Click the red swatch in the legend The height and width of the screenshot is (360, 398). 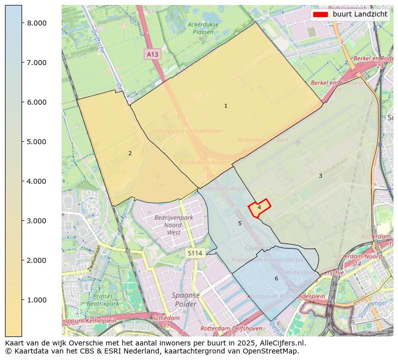(320, 14)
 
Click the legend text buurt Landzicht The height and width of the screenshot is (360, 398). (360, 14)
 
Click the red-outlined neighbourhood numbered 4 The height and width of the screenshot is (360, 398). (259, 207)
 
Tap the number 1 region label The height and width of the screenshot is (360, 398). (226, 106)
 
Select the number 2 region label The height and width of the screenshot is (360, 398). (130, 153)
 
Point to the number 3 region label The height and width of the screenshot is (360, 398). (320, 176)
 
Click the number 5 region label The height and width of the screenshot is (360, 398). (240, 223)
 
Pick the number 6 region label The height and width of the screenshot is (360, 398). (276, 278)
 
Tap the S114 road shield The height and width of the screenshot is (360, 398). (195, 253)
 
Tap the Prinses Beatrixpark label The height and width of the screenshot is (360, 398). (103, 300)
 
